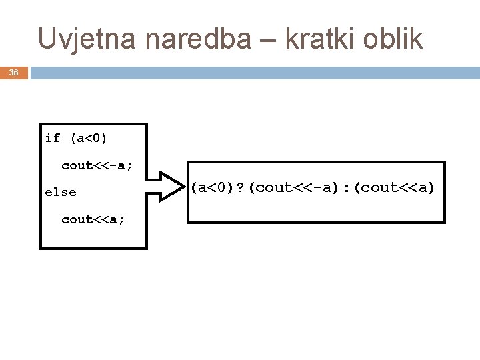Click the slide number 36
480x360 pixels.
(x=14, y=73)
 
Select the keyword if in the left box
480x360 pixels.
(x=53, y=139)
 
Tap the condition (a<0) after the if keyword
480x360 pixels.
(x=88, y=139)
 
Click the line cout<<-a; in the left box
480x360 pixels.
(x=97, y=165)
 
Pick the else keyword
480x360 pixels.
(x=61, y=192)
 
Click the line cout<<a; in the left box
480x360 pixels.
(x=93, y=219)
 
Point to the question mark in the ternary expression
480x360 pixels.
(x=241, y=188)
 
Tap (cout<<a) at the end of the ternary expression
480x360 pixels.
(x=395, y=188)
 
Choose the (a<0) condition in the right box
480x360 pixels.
(x=213, y=188)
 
